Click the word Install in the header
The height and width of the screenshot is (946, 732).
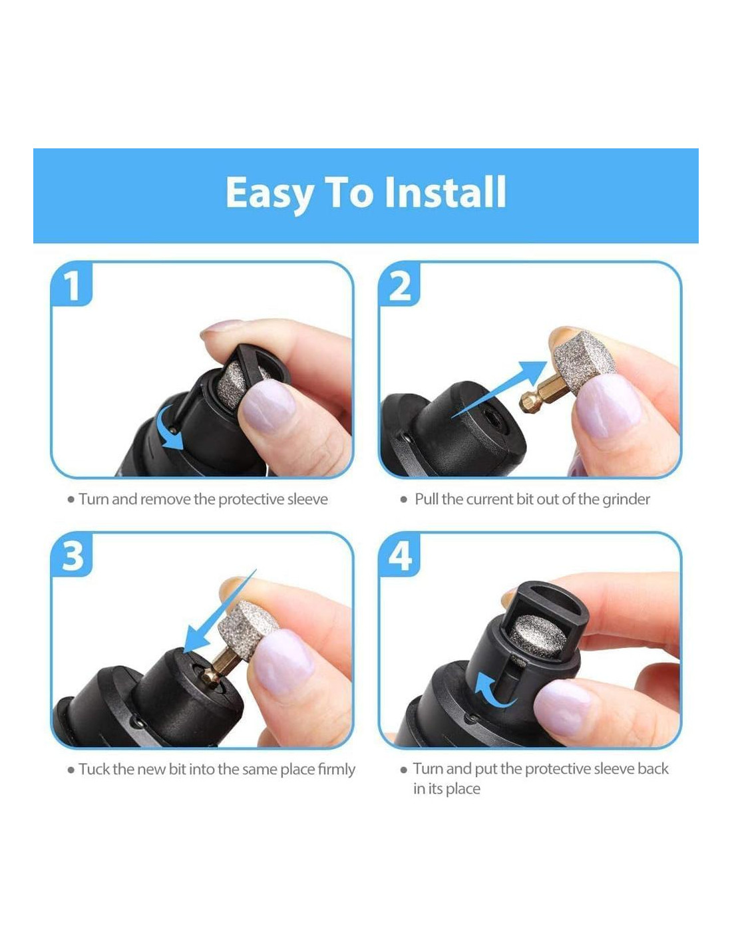(x=445, y=192)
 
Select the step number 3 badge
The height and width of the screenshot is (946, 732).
(x=72, y=555)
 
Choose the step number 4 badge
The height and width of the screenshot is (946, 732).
(x=399, y=555)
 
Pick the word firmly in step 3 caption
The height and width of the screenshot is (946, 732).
(x=336, y=770)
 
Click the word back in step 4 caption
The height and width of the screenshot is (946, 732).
(x=653, y=769)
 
